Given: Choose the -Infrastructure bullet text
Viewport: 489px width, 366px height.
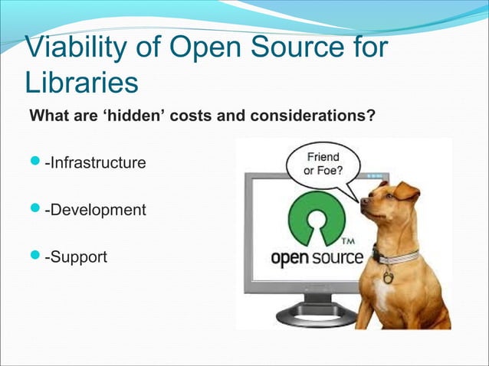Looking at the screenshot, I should click(x=95, y=163).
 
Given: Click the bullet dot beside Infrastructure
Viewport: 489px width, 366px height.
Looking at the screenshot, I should click(x=35, y=163).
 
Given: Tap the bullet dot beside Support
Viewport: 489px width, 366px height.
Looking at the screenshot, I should click(x=35, y=255).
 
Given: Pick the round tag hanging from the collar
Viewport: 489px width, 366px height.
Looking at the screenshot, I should click(x=388, y=276).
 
